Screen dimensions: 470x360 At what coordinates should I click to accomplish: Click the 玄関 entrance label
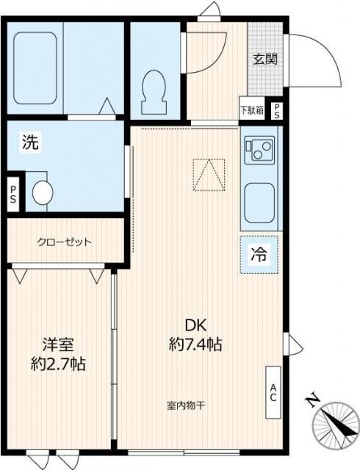pyautogui.click(x=265, y=60)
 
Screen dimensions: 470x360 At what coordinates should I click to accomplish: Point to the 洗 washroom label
pyautogui.click(x=29, y=143)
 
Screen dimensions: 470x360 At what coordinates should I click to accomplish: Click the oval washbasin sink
pyautogui.click(x=43, y=193)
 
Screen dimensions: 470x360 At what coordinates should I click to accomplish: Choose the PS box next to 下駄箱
pyautogui.click(x=276, y=111)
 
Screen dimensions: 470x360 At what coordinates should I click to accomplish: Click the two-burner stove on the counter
pyautogui.click(x=259, y=151)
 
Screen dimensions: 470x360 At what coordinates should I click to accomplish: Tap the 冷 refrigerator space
pyautogui.click(x=259, y=256)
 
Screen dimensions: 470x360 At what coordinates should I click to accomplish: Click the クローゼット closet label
pyautogui.click(x=64, y=242)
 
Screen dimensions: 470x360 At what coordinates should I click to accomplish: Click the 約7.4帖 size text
pyautogui.click(x=195, y=344)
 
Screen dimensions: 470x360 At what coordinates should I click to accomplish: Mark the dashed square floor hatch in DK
pyautogui.click(x=208, y=174)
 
